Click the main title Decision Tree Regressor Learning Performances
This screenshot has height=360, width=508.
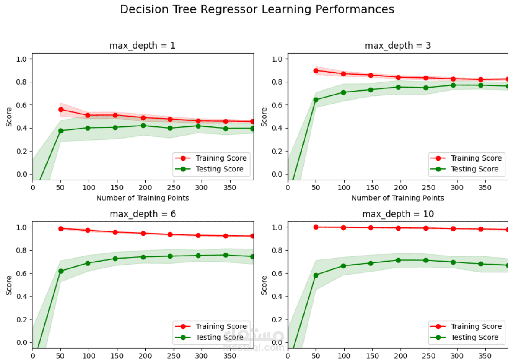(257, 9)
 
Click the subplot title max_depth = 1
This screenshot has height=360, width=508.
(142, 45)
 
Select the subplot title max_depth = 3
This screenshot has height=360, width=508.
(397, 45)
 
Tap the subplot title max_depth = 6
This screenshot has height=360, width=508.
(142, 214)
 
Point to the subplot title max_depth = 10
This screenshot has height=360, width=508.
(397, 214)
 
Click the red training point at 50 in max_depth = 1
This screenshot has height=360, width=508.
(61, 110)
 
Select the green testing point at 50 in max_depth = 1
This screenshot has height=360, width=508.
(61, 131)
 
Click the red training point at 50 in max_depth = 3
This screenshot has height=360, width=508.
(316, 71)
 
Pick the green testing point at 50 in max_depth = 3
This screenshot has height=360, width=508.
(316, 100)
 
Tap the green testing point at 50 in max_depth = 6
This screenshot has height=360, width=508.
(61, 271)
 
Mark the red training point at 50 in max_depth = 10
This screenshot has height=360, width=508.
(316, 227)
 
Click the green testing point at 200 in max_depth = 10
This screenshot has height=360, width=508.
(398, 260)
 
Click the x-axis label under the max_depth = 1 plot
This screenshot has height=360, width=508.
(143, 198)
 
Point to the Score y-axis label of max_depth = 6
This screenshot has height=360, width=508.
(9, 285)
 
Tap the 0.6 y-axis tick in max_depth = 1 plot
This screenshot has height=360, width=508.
(22, 105)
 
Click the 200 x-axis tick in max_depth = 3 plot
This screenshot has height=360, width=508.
(401, 187)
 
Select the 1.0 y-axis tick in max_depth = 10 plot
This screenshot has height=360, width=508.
(277, 227)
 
